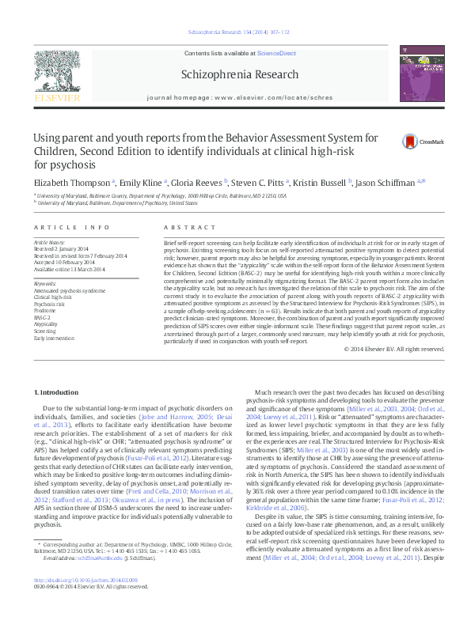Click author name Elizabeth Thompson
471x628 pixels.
tap(72, 182)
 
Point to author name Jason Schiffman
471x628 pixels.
tap(389, 182)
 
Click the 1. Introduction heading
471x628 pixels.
tap(59, 392)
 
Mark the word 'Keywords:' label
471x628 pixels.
tap(46, 283)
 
